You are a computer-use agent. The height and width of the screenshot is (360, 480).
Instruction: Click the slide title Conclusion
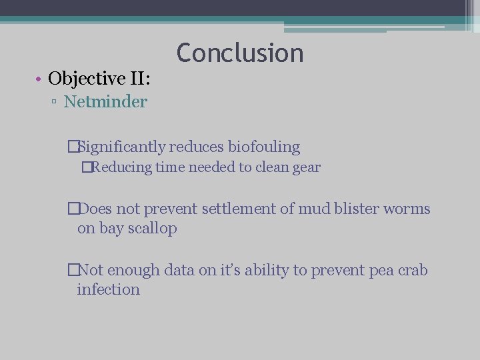tap(240, 53)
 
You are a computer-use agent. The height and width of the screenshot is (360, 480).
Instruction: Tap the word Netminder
tap(105, 102)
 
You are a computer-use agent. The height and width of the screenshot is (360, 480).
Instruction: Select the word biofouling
tap(264, 147)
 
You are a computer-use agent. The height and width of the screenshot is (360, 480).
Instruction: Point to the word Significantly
tap(123, 147)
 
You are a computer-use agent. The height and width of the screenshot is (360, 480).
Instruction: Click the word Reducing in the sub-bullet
tap(121, 167)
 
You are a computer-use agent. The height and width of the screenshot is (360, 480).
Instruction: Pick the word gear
tap(306, 168)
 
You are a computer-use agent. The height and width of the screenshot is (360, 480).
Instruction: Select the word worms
tap(409, 209)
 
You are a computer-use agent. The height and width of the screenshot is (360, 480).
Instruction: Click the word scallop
tap(153, 229)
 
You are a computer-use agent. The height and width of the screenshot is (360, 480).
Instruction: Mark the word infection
tap(108, 290)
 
